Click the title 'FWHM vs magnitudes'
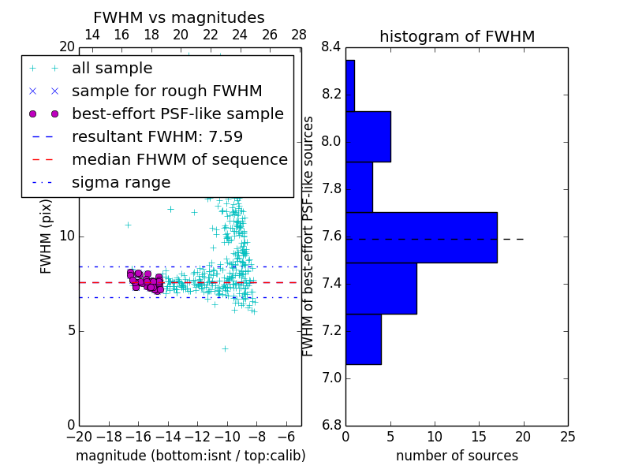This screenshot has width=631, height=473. click(179, 18)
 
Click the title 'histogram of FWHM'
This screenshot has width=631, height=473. click(457, 36)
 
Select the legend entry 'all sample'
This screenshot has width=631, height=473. click(112, 69)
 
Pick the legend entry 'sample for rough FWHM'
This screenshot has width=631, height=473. click(166, 91)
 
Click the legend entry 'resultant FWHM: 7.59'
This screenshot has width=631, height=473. click(157, 136)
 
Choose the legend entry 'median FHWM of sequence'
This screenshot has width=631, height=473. click(179, 159)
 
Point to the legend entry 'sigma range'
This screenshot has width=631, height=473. click(121, 182)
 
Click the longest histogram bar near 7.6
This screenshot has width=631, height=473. click(421, 237)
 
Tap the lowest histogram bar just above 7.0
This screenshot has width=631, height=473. click(364, 339)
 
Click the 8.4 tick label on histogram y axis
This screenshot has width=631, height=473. click(331, 47)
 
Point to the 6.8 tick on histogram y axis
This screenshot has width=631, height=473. click(331, 426)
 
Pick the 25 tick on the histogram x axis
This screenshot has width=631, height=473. click(566, 437)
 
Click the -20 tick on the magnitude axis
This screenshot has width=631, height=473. click(79, 437)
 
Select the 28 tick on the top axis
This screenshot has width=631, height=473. click(299, 35)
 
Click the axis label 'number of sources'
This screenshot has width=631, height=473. click(457, 456)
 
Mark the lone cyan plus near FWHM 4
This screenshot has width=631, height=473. click(225, 348)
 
